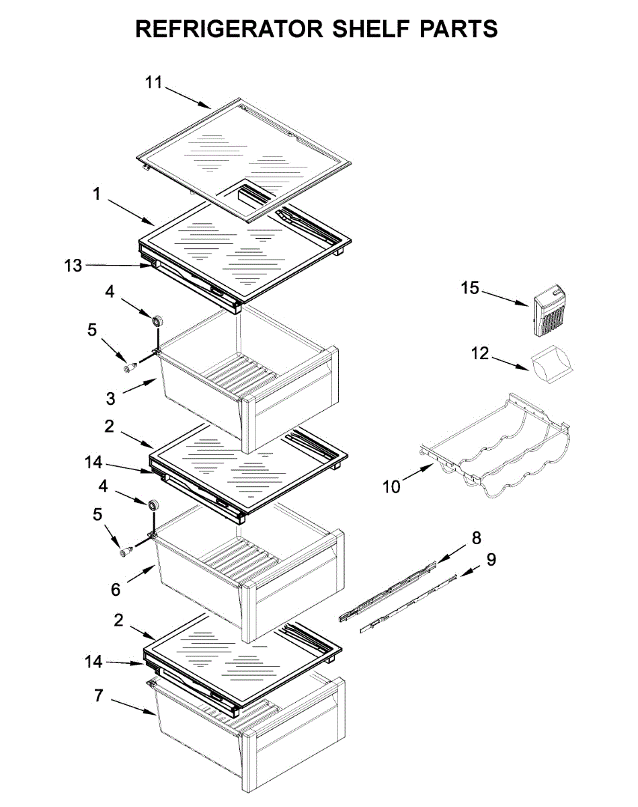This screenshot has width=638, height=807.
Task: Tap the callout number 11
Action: point(154,83)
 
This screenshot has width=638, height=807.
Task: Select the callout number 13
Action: point(73,266)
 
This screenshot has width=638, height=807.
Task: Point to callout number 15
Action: point(470,288)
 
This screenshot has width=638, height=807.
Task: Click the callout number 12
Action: point(479,352)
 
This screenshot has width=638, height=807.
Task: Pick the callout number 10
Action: point(391,486)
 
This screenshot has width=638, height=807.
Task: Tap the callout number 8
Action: point(476,537)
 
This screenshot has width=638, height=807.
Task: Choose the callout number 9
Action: point(491,559)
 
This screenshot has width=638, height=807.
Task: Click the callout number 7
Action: point(99,696)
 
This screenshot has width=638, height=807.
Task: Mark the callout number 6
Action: point(116,589)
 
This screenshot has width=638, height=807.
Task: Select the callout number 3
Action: point(110,398)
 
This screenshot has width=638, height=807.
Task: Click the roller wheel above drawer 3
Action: point(159,321)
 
